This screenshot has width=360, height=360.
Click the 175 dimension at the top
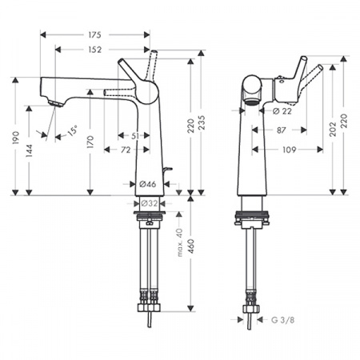click(94, 35)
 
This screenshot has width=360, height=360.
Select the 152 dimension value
click(94, 50)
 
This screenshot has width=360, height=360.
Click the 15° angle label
click(74, 130)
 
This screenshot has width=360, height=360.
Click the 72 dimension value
click(126, 150)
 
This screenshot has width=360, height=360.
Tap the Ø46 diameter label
click(148, 184)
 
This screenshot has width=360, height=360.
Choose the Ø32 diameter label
click(149, 204)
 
